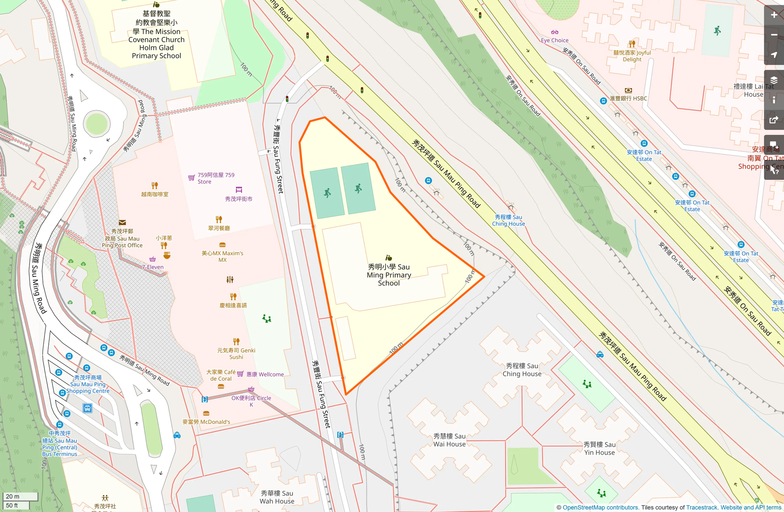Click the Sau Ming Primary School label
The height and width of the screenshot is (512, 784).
click(x=389, y=275)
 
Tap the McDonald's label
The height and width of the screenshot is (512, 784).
click(x=206, y=422)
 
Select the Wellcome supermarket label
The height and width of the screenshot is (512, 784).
click(x=265, y=374)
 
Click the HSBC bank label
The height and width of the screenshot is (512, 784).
click(x=628, y=98)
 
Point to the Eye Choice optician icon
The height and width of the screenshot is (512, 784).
click(x=554, y=32)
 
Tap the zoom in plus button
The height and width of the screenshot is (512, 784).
click(x=774, y=15)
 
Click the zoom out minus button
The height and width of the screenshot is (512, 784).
click(x=774, y=35)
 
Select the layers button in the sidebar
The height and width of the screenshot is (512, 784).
click(x=774, y=80)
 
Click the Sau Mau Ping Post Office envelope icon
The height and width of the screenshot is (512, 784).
click(x=122, y=223)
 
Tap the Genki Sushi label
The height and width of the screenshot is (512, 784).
click(x=236, y=353)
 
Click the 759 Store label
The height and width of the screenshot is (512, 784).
click(x=216, y=178)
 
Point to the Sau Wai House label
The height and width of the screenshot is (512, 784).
click(x=449, y=440)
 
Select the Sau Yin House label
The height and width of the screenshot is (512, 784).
click(x=599, y=448)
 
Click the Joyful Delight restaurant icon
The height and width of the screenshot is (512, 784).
click(x=632, y=44)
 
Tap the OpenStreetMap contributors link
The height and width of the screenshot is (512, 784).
click(x=600, y=507)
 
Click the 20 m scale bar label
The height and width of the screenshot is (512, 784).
click(x=13, y=496)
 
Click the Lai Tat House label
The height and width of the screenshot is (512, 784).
click(x=753, y=90)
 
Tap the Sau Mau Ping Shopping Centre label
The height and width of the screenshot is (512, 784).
click(x=88, y=384)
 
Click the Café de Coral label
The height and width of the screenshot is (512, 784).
click(x=221, y=375)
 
